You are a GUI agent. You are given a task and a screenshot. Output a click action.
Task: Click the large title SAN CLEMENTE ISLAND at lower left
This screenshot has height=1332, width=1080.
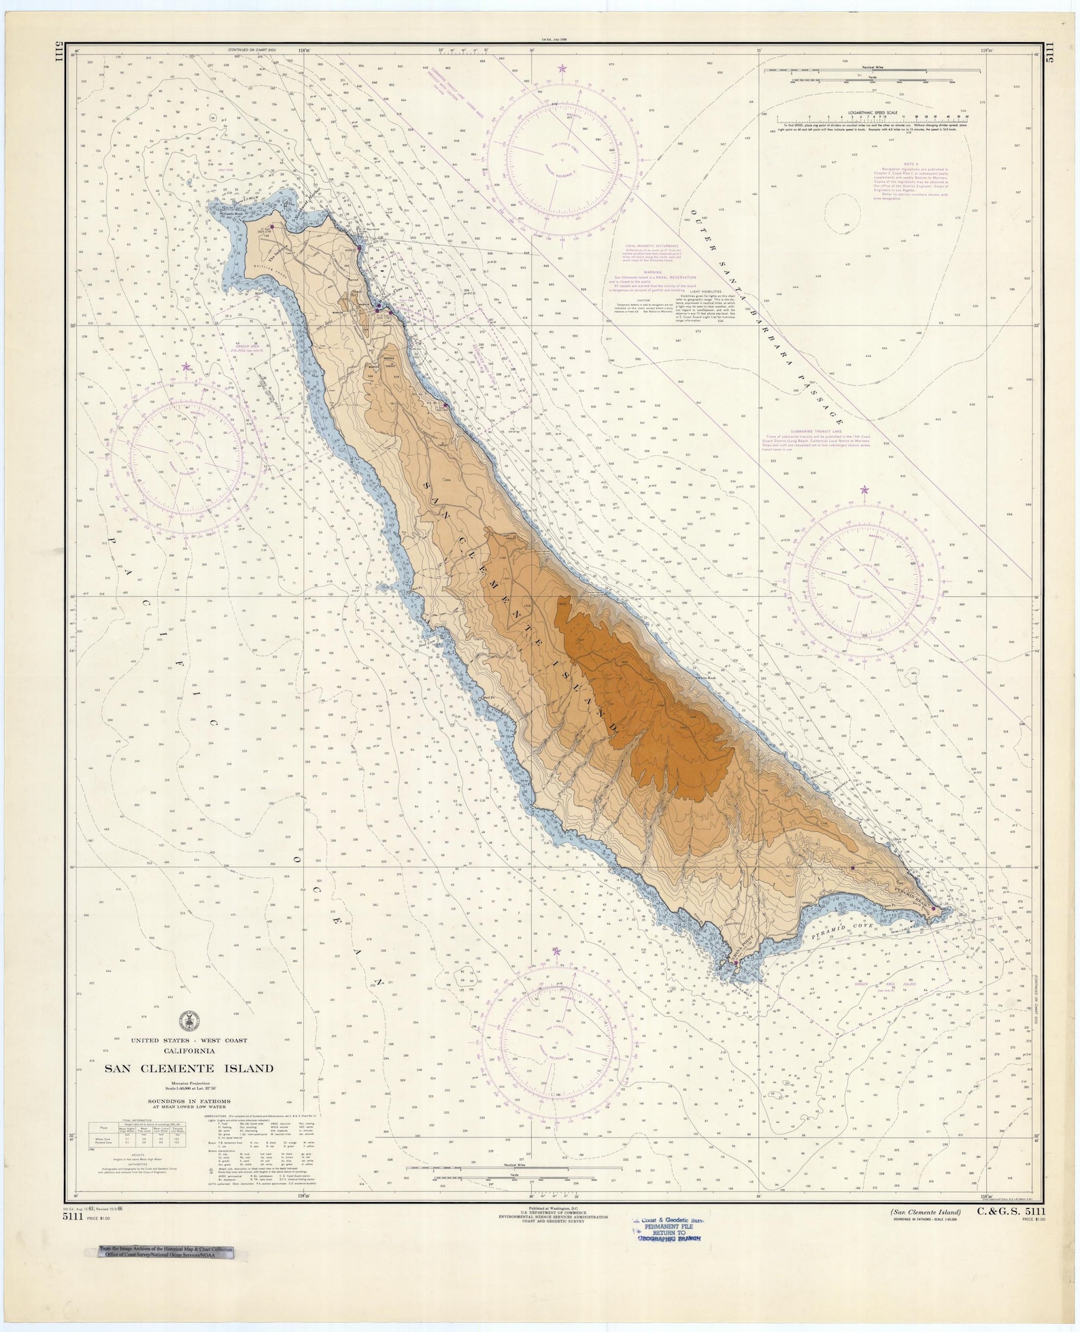point(188,1068)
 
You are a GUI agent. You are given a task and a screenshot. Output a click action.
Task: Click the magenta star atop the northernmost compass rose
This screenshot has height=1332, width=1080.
point(562,68)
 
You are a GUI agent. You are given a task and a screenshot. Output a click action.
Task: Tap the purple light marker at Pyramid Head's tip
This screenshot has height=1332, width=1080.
point(934,908)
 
